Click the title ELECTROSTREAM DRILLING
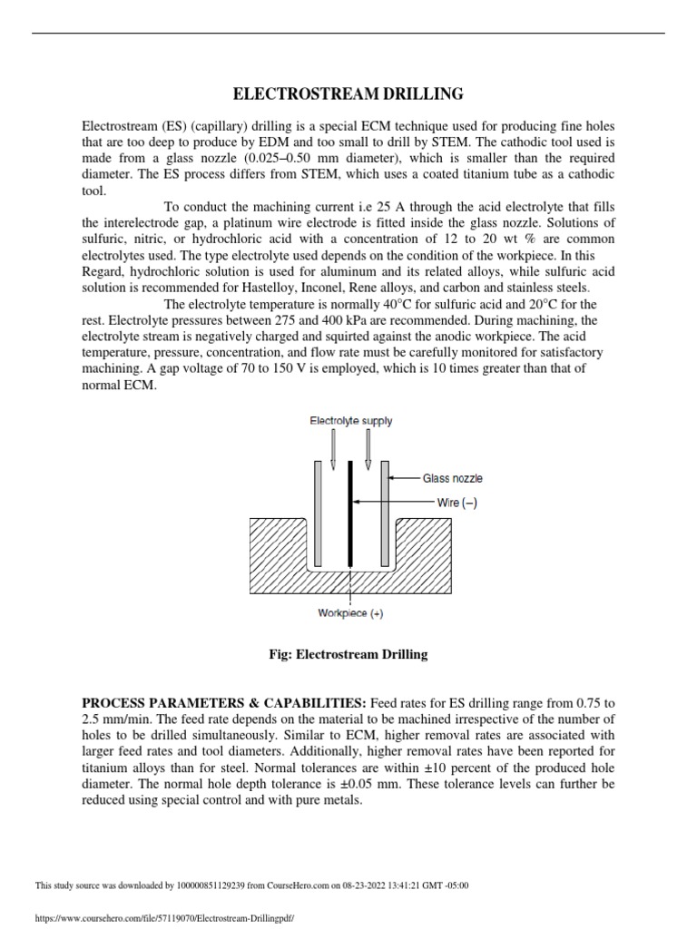click(x=348, y=93)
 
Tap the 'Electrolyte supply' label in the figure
click(x=350, y=421)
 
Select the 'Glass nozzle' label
click(x=453, y=478)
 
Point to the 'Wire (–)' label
click(x=446, y=502)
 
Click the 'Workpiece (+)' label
click(x=350, y=613)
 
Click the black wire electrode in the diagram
click(x=350, y=513)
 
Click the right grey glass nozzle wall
click(x=386, y=513)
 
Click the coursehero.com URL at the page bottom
click(x=163, y=918)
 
